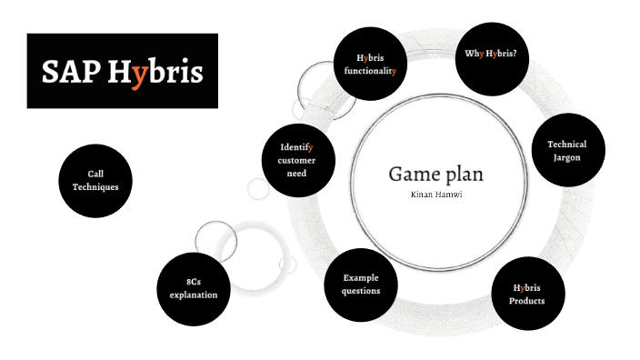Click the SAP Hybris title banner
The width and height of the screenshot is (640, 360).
tap(122, 71)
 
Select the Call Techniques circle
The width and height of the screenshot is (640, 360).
tap(95, 180)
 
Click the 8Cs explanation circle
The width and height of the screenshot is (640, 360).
tap(194, 288)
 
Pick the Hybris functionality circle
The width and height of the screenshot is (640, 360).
tap(370, 64)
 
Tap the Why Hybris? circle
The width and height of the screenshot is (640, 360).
tap(491, 55)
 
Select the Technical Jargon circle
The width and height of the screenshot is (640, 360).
tap(566, 151)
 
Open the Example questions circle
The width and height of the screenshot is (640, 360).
tap(361, 284)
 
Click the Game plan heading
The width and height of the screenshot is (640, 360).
tap(436, 173)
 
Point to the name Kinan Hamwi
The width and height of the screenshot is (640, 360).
tap(436, 194)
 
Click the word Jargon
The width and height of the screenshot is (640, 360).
tap(566, 157)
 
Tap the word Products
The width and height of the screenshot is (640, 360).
tap(527, 301)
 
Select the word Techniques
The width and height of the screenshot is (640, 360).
tap(95, 186)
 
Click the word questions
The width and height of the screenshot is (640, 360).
tap(361, 291)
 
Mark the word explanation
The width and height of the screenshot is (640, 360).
tap(194, 295)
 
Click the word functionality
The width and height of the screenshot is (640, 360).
tap(370, 70)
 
